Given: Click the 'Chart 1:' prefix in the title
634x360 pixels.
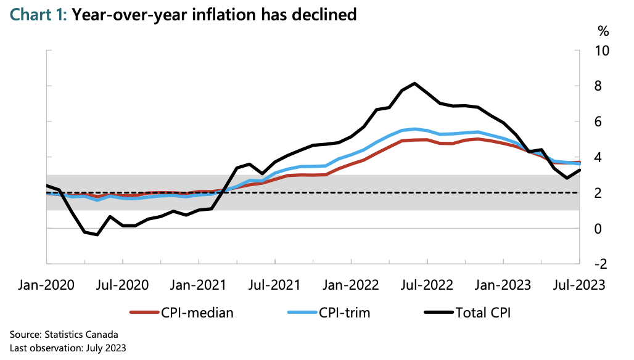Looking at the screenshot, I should (36, 14).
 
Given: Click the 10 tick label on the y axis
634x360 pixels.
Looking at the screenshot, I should (601, 50).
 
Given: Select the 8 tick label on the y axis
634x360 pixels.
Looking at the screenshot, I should (598, 86).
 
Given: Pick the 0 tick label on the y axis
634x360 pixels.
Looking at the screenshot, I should (598, 229).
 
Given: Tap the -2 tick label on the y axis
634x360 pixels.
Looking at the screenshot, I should (600, 264).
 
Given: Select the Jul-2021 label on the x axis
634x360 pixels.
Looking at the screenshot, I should (274, 285).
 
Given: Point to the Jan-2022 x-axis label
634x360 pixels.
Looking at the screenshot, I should (351, 285).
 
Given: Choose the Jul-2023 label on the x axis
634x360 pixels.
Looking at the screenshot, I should (578, 285).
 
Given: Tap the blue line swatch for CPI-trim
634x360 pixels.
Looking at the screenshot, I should (301, 313).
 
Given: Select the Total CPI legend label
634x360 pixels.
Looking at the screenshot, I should (483, 313).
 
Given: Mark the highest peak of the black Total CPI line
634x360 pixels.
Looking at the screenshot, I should (414, 83).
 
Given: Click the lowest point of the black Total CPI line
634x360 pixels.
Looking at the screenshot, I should (97, 234).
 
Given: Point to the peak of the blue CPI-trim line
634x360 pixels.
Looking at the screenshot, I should (414, 129).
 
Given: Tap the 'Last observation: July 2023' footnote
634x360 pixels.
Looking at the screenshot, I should (68, 348).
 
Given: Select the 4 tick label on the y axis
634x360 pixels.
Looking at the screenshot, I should (598, 157).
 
